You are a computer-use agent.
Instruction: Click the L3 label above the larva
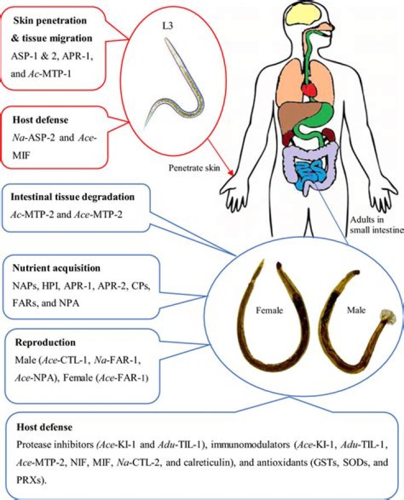point(168,26)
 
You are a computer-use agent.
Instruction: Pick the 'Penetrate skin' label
point(194,168)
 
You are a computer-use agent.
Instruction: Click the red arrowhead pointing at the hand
point(231,173)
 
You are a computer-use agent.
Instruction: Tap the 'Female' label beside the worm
point(269,310)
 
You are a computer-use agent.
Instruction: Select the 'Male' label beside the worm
point(356,310)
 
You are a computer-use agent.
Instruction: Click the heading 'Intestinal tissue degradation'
point(73,197)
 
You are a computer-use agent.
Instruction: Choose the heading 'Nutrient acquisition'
point(57,268)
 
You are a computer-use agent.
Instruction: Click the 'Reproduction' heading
point(45,342)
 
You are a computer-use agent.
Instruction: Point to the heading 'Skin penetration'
point(50,20)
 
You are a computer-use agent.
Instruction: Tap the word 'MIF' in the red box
point(21,156)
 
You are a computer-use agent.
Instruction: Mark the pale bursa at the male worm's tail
point(388,317)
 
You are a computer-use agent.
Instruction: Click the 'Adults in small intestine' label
point(377,224)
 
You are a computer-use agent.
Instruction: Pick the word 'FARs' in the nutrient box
point(24,303)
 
